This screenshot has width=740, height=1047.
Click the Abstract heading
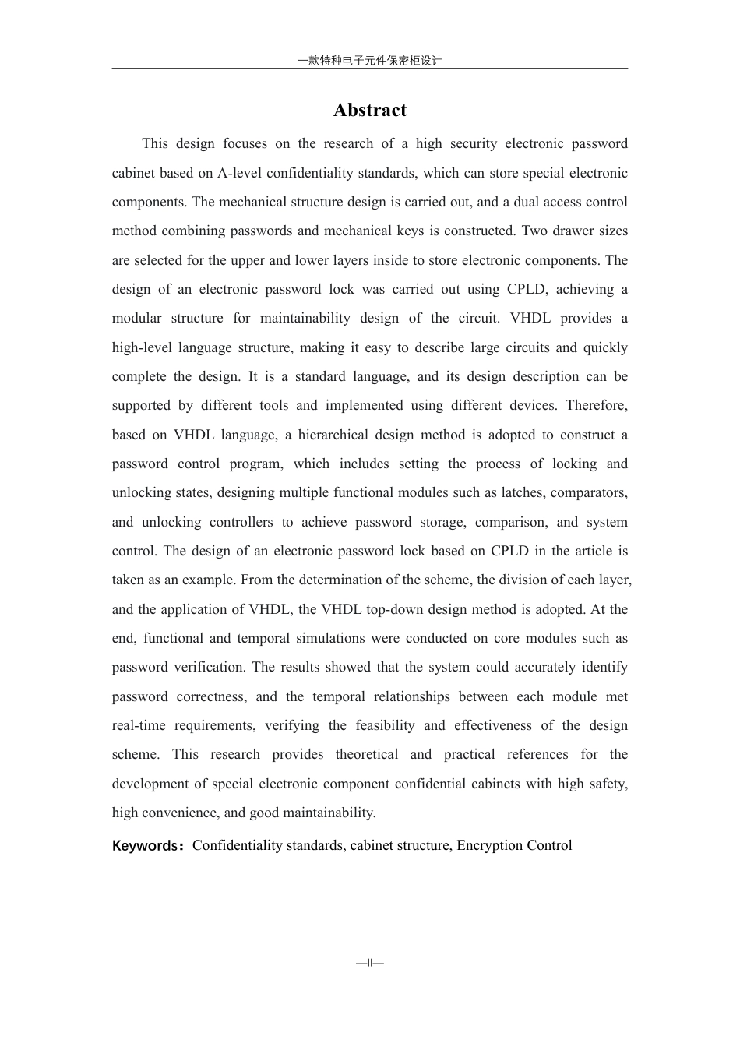pyautogui.click(x=370, y=110)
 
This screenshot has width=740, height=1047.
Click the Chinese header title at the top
pyautogui.click(x=370, y=61)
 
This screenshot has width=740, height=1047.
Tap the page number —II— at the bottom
pyautogui.click(x=370, y=963)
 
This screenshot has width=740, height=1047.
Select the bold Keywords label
pyautogui.click(x=146, y=846)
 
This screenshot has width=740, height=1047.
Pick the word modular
pyautogui.click(x=136, y=318)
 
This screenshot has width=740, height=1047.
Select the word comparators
pyautogui.click(x=590, y=492)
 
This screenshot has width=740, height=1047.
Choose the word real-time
pyautogui.click(x=139, y=725)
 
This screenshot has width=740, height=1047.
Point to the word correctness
pyautogui.click(x=211, y=696)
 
